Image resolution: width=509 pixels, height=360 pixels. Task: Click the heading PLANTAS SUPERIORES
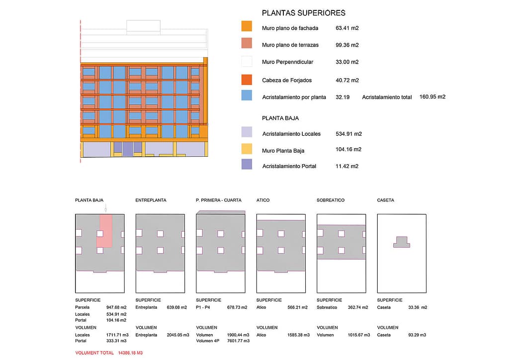(303, 13)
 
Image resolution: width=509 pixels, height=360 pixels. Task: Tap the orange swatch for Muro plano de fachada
(247, 27)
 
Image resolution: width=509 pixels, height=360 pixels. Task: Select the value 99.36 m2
(347, 45)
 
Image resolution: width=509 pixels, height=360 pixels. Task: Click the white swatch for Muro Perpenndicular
(247, 62)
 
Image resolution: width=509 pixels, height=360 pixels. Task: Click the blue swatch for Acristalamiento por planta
(247, 95)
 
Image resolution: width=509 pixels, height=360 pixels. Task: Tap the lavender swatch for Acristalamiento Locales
(247, 132)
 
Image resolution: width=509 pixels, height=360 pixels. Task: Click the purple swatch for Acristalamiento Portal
(247, 164)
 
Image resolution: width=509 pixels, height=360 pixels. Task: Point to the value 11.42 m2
(347, 166)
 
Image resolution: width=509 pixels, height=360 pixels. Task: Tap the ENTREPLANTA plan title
(151, 200)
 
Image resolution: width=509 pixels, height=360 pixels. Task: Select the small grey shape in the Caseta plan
(402, 242)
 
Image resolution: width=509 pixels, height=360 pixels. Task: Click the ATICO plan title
(263, 200)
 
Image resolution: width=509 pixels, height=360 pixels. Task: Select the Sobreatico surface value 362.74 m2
(358, 307)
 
